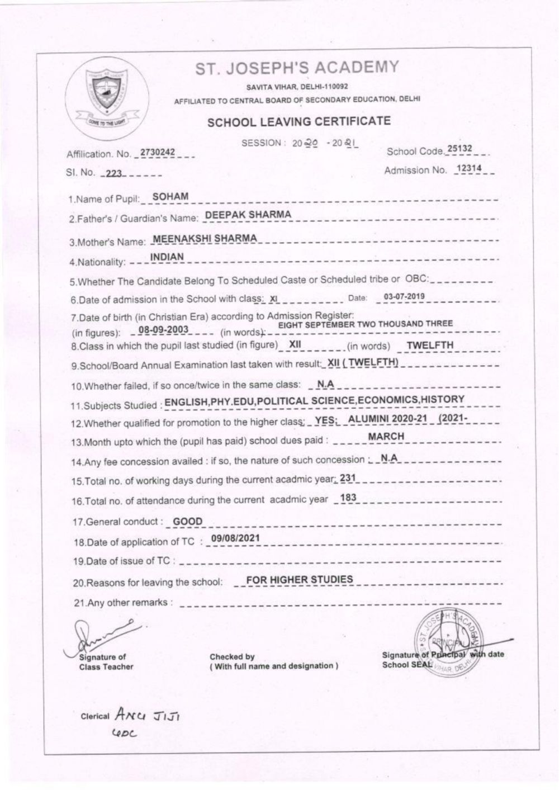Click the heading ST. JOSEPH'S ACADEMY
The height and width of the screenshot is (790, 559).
297,68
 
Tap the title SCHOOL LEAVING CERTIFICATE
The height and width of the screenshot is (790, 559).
299,122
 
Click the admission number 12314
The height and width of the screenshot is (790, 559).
468,169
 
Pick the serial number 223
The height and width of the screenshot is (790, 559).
113,173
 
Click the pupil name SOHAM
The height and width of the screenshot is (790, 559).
170,196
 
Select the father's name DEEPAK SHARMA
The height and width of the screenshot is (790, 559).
248,215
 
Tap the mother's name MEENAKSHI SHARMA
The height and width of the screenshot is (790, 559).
205,238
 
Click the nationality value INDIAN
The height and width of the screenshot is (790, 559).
167,257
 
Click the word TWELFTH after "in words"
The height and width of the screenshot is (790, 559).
430,346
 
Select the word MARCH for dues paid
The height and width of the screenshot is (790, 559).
386,436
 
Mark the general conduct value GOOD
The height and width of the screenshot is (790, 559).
187,522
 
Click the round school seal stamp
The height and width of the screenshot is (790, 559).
448,643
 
